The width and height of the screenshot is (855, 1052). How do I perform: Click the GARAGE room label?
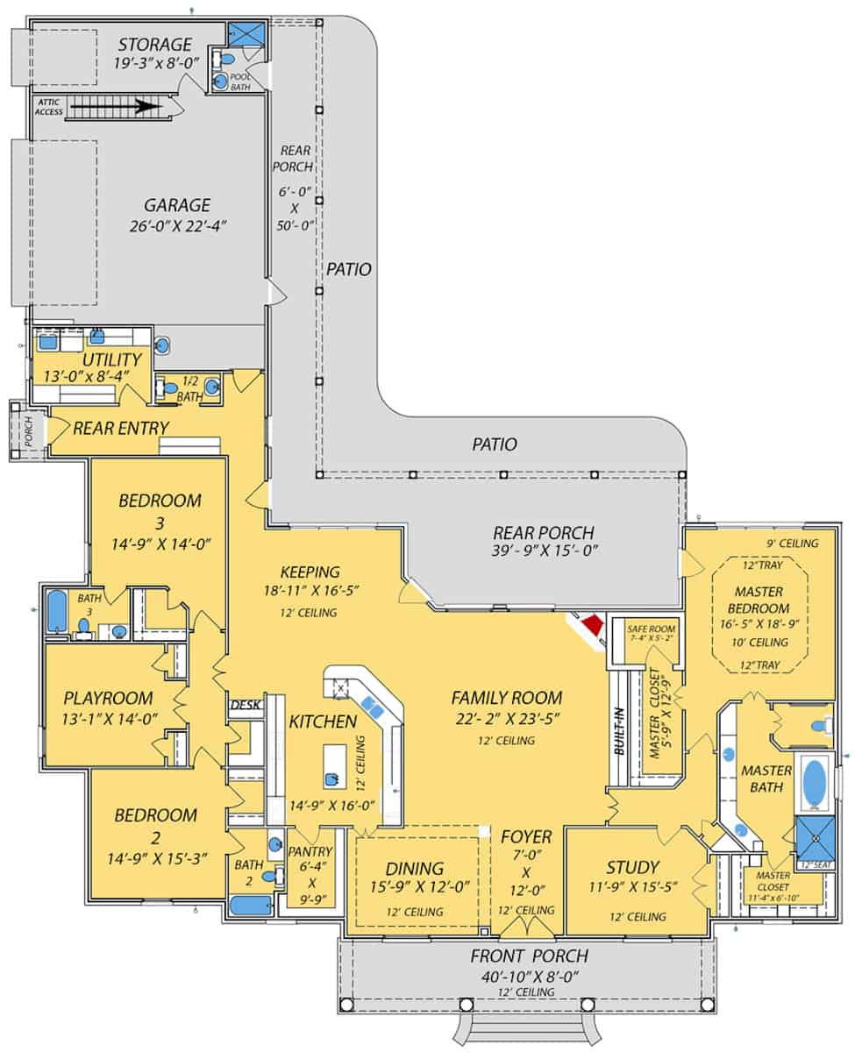(178, 205)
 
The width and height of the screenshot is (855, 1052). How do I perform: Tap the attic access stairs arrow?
(114, 109)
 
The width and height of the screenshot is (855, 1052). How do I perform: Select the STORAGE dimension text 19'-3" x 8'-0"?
(154, 63)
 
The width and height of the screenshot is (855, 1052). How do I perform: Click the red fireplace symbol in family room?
(593, 624)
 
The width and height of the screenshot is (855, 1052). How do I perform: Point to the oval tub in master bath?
(814, 782)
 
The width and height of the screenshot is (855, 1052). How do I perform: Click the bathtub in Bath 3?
(57, 612)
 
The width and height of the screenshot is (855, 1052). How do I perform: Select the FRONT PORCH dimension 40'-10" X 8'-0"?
(528, 975)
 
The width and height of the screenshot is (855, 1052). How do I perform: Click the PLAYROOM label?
(109, 699)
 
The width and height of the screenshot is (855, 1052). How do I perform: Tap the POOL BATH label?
(241, 81)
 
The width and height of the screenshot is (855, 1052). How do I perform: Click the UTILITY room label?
(111, 359)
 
